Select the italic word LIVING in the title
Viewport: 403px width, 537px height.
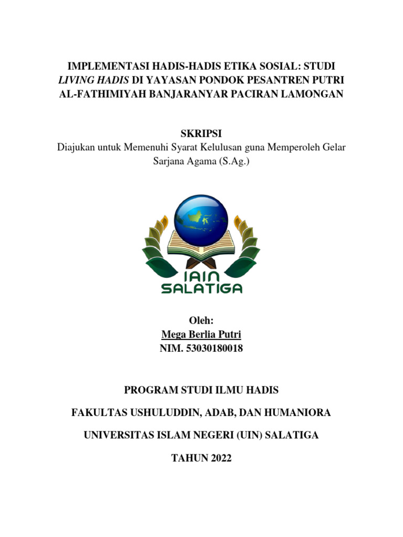pyautogui.click(x=77, y=80)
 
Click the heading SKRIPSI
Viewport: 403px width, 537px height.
pyautogui.click(x=201, y=134)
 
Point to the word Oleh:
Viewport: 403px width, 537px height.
pyautogui.click(x=201, y=320)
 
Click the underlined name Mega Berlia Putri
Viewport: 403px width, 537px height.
pyautogui.click(x=201, y=334)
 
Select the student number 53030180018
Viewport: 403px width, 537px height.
pyautogui.click(x=215, y=348)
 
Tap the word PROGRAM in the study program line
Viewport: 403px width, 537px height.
pyautogui.click(x=149, y=390)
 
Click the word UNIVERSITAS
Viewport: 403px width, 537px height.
pyautogui.click(x=118, y=435)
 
